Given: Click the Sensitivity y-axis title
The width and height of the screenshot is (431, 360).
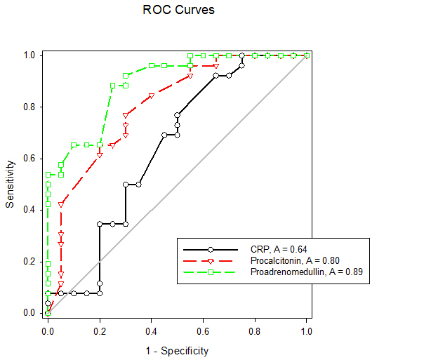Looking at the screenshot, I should pos(10,184).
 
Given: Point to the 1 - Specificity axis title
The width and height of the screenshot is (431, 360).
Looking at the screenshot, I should pos(178,350).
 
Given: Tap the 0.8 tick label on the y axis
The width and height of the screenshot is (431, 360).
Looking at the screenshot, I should pos(30,107).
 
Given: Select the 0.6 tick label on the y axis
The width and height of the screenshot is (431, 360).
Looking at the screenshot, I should pos(30,159).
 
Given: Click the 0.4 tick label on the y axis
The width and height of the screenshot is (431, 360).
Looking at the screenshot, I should pos(30,210).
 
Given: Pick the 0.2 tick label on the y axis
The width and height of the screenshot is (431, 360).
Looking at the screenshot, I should pos(30,262).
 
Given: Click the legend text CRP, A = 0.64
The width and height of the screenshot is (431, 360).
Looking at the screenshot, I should pos(279,249).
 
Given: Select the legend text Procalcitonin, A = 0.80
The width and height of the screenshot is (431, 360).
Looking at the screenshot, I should pos(293,260).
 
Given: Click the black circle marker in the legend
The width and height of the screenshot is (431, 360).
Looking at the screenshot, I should pos(210,249).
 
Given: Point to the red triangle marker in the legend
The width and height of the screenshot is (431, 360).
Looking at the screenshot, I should pos(210,260).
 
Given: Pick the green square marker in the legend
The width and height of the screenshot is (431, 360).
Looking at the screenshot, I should pos(210,271).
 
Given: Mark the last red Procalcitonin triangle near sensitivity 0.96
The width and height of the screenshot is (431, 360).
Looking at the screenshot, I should pos(216,66).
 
